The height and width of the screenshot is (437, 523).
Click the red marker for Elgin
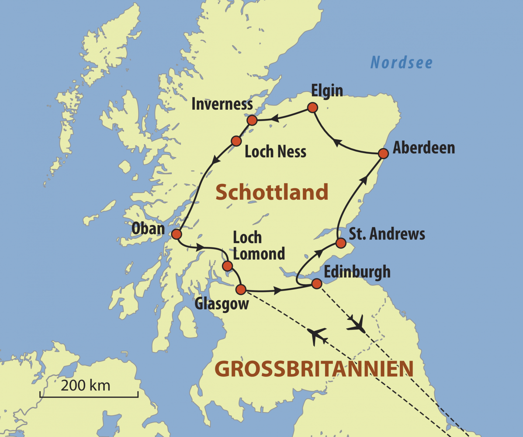tap(312, 108)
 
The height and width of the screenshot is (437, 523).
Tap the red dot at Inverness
tap(252, 120)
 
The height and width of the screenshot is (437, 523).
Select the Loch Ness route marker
tap(236, 141)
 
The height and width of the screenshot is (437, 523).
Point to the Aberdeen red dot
tap(383, 153)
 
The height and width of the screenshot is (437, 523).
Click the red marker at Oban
tap(176, 235)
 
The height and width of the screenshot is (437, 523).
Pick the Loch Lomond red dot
tap(227, 266)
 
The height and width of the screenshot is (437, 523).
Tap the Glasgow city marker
tap(241, 289)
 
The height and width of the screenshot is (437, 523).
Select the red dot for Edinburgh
tap(316, 284)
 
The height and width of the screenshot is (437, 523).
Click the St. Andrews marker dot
tap(341, 243)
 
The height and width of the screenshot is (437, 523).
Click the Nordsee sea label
tap(401, 62)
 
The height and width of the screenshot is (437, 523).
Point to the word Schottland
tap(271, 192)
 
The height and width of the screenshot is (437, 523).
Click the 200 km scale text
tap(85, 385)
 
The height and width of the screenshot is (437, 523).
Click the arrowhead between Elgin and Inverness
tap(275, 118)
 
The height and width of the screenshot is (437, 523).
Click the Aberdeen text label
tap(423, 148)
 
